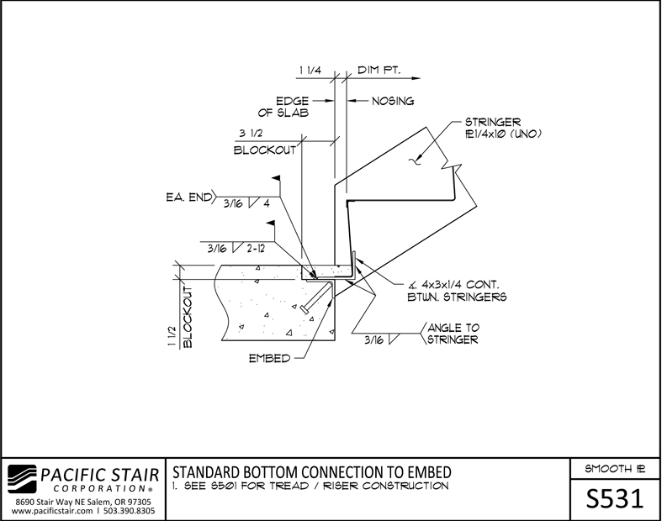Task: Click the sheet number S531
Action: (x=615, y=499)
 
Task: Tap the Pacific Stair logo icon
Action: (x=23, y=479)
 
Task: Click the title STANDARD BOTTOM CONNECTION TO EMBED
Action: (x=312, y=472)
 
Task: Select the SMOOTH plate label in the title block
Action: (x=615, y=469)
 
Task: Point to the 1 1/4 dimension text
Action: (x=310, y=70)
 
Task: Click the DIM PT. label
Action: (x=379, y=70)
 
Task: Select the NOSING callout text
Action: (x=393, y=101)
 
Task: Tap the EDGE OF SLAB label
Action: (x=283, y=108)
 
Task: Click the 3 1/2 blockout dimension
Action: (x=251, y=134)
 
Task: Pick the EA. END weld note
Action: (x=188, y=197)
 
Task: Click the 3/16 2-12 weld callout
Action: (x=236, y=249)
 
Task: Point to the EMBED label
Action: (x=269, y=359)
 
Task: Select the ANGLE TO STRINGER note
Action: (x=453, y=334)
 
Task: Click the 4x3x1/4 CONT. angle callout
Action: (x=458, y=291)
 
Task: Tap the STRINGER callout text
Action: (x=503, y=128)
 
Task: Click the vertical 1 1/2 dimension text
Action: (x=172, y=336)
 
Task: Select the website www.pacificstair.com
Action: (x=52, y=511)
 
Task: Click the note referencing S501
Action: (x=310, y=486)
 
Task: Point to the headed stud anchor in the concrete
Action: (x=316, y=298)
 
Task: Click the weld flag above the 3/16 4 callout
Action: (x=276, y=178)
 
